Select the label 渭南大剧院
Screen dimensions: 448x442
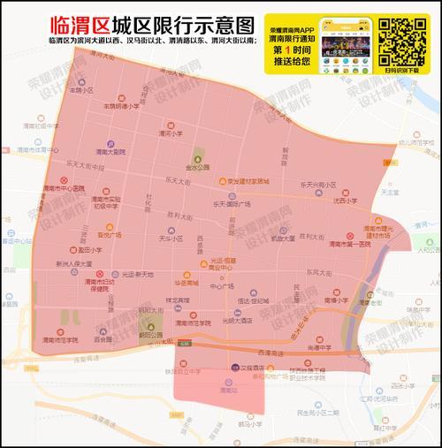click(112, 153)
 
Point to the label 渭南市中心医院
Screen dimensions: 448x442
click(65, 188)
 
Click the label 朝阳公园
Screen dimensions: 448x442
click(150, 336)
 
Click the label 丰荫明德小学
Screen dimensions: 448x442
click(122, 106)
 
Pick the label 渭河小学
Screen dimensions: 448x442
click(171, 134)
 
